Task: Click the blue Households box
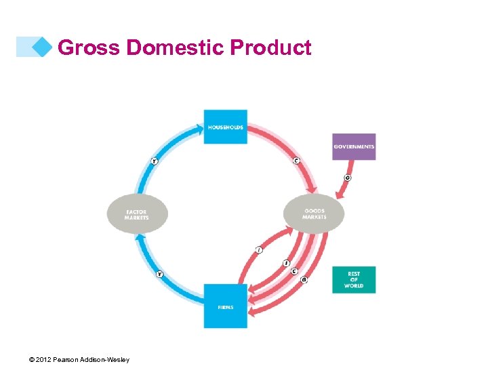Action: click(225, 126)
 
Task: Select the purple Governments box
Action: click(354, 146)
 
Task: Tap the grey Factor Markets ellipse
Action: click(137, 215)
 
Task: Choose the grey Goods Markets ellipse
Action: click(314, 214)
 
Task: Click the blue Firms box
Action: click(226, 306)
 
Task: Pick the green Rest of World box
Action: click(354, 280)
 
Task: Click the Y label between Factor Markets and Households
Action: click(155, 161)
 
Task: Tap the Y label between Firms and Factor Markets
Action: click(159, 274)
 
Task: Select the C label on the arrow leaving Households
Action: click(296, 161)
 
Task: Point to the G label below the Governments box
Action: click(348, 178)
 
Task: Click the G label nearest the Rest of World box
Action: click(304, 279)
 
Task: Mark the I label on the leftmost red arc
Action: click(259, 250)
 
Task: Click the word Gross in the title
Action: click(89, 48)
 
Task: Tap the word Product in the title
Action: click(270, 48)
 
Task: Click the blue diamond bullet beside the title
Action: click(43, 47)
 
